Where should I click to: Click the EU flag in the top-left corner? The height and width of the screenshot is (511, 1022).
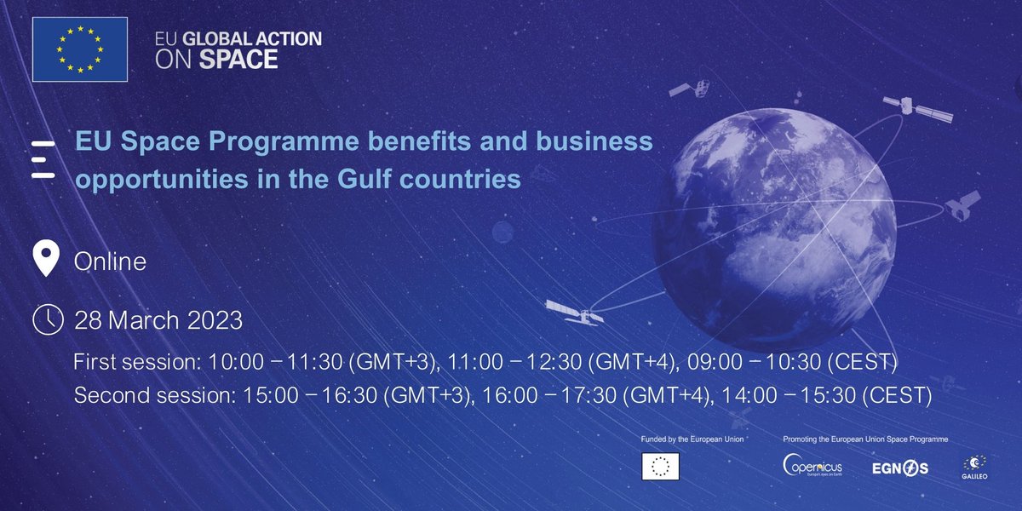(x=80, y=49)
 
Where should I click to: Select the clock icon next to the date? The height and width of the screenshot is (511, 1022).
(x=47, y=319)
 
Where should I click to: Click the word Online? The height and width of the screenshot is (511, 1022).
(x=110, y=261)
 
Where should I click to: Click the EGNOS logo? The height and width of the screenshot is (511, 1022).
(x=899, y=468)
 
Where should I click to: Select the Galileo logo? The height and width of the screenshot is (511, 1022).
(x=974, y=467)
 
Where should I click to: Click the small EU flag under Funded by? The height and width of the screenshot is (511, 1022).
(x=660, y=466)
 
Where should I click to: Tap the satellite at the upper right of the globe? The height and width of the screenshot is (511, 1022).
(x=916, y=107)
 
